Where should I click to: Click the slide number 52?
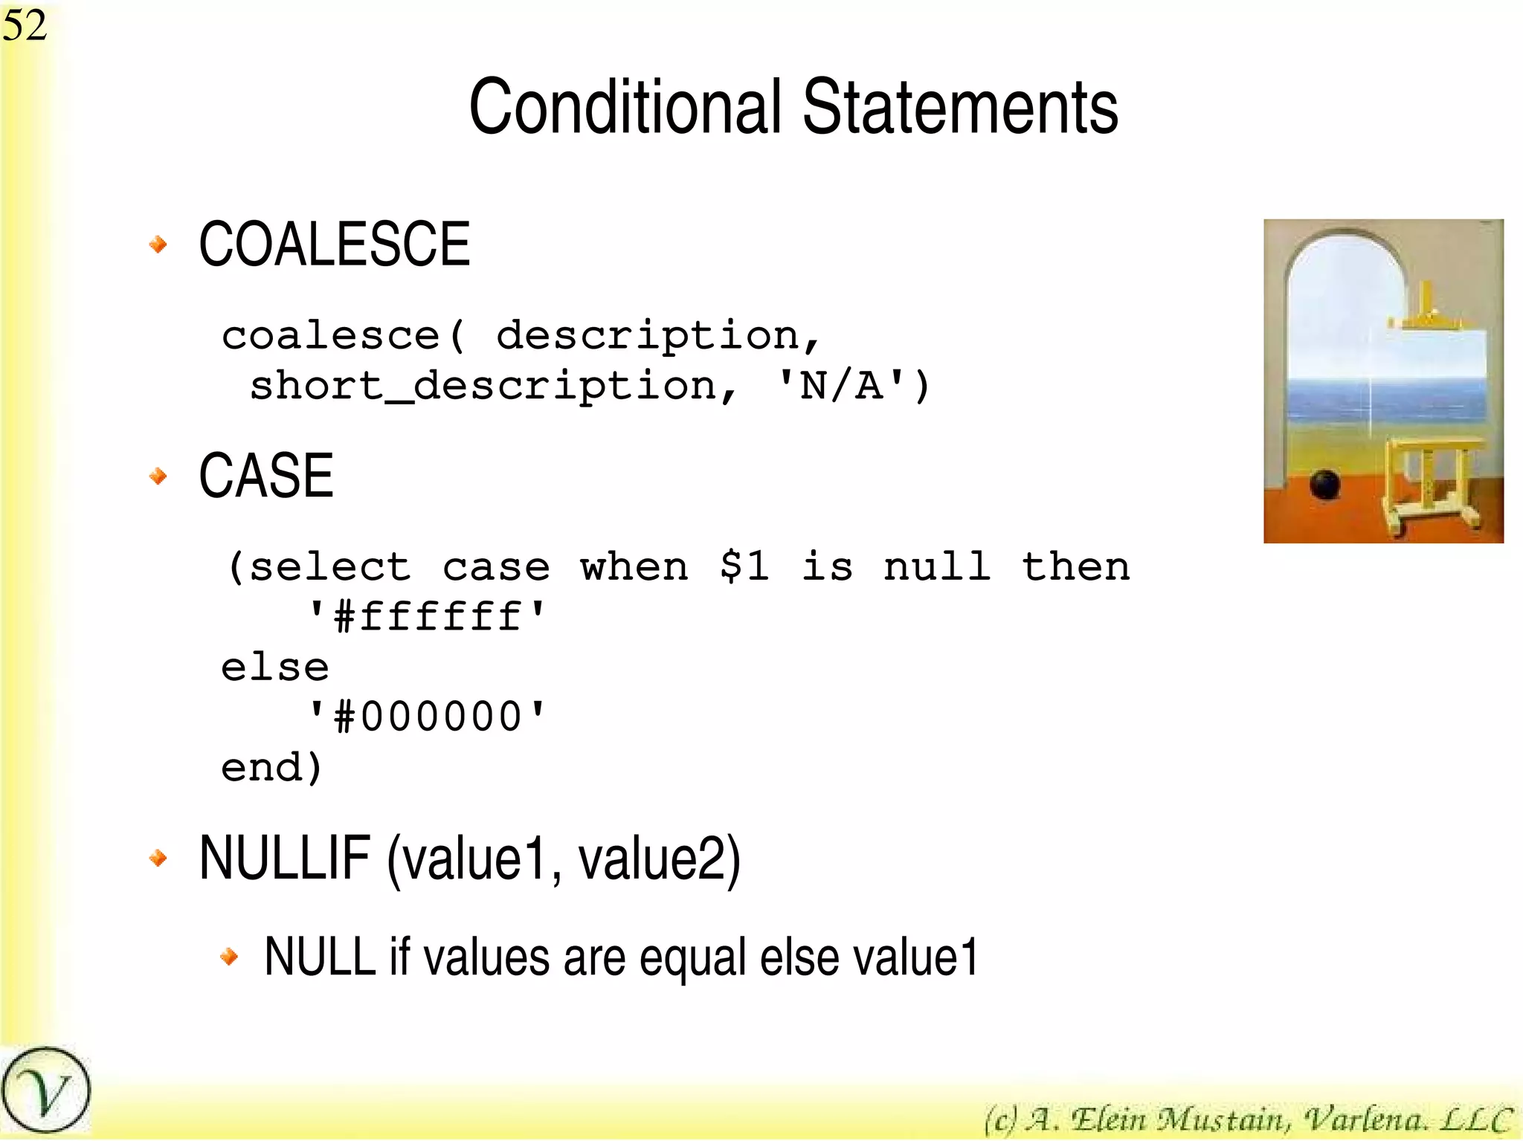(x=25, y=25)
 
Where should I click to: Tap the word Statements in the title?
(x=960, y=108)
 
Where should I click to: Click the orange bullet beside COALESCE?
(x=158, y=244)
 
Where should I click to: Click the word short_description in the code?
(x=482, y=387)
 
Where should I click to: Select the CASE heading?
(x=265, y=476)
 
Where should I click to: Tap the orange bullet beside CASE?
(x=158, y=476)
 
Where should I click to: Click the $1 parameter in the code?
(x=744, y=566)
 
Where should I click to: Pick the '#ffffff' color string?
(x=427, y=617)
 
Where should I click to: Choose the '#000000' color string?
(x=427, y=717)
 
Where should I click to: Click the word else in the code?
(x=274, y=667)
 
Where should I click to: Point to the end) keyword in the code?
(x=271, y=767)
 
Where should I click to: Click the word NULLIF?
(x=285, y=859)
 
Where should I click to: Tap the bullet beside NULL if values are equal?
(x=230, y=957)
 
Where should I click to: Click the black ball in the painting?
(x=1324, y=485)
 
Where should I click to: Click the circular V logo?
(x=45, y=1091)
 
